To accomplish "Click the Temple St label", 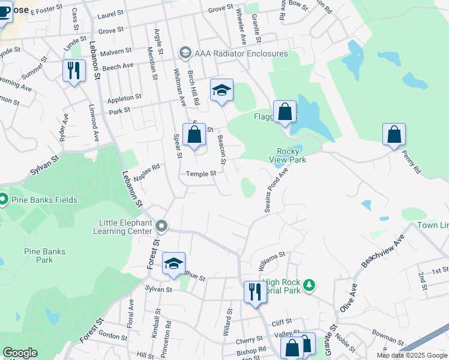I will [x=200, y=174].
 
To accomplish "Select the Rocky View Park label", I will [x=291, y=156].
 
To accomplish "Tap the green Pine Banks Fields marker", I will [x=2, y=199].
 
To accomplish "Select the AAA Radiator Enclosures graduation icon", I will [x=185, y=53].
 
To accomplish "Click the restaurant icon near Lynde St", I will [x=74, y=71].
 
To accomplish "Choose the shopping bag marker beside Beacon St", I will [x=194, y=134].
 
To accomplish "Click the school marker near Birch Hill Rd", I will [x=221, y=90].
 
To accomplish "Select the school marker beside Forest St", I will [x=173, y=263].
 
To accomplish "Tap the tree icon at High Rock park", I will [x=309, y=285].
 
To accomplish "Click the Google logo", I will [x=20, y=353].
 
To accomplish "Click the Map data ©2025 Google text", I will [x=412, y=355].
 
